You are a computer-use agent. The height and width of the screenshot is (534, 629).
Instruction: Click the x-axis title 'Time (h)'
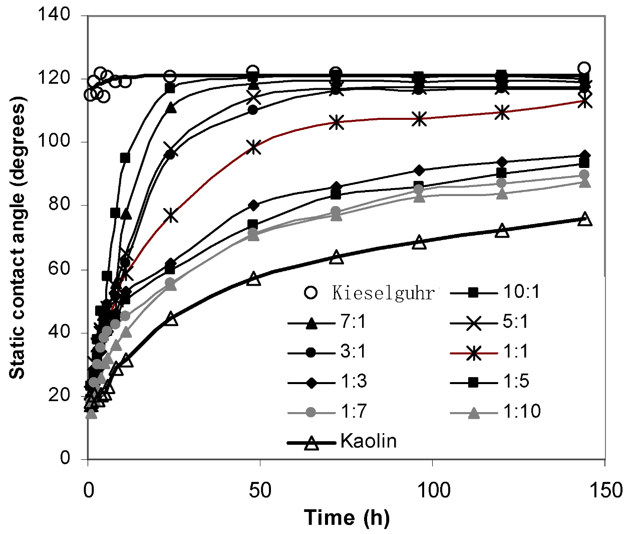pos(347,517)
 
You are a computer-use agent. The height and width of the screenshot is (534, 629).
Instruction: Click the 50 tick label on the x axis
pos(260,490)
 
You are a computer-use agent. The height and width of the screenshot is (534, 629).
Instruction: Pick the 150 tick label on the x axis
pos(605,490)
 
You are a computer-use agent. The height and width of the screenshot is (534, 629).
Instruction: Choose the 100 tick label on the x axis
pos(433,490)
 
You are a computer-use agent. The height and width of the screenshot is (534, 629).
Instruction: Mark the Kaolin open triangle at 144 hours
pos(584,219)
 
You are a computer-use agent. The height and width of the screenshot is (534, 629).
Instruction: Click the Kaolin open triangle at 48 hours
pos(254,279)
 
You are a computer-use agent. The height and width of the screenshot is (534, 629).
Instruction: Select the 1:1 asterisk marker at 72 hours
pos(337,122)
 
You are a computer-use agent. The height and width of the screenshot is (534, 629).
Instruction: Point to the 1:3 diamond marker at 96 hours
pos(419,170)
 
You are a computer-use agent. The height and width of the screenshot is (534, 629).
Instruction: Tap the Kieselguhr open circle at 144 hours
pos(584,68)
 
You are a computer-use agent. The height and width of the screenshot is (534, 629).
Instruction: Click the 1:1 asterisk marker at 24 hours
pos(171,215)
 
